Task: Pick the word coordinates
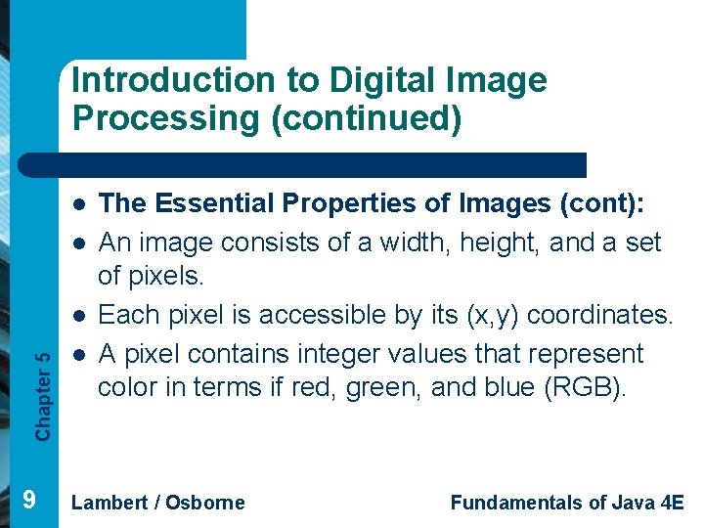coord(601,315)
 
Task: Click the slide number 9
coord(29,501)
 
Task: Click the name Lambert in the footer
coord(109,503)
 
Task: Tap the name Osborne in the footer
coord(206,503)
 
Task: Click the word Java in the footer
coord(632,503)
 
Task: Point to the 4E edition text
coord(672,503)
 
